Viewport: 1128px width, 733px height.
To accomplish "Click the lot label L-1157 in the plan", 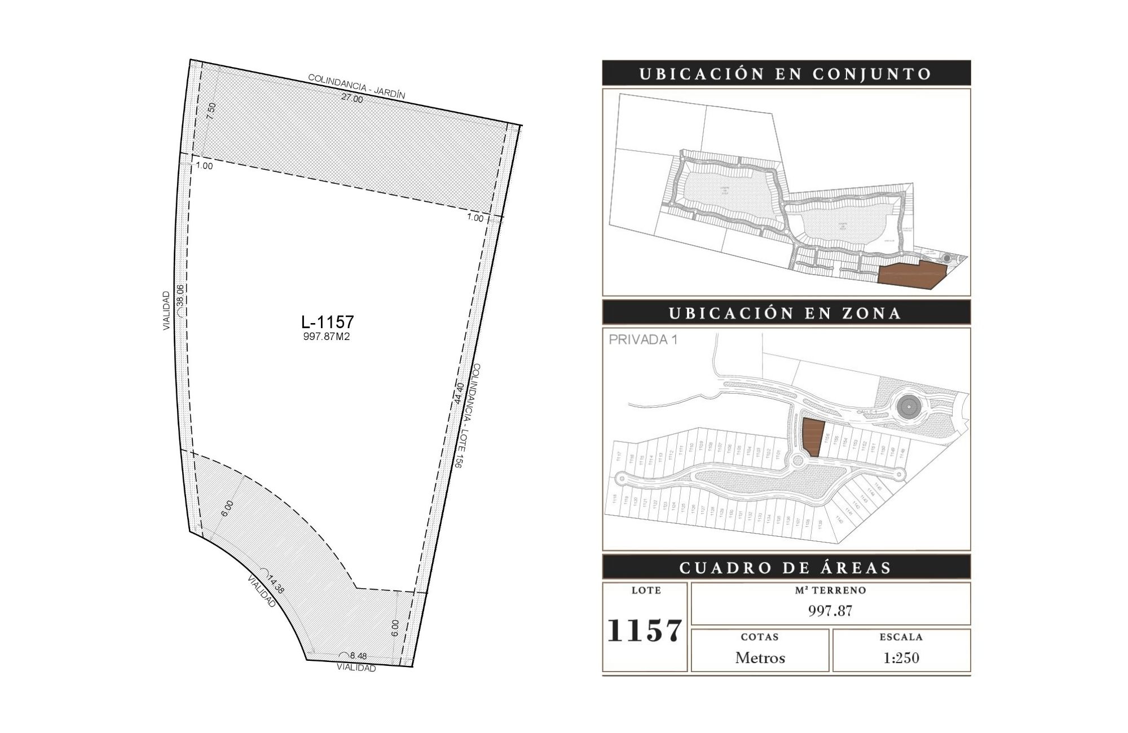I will pos(328,322).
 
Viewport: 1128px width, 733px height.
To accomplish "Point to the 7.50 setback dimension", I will pos(211,111).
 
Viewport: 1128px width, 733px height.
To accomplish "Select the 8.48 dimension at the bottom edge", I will pos(358,656).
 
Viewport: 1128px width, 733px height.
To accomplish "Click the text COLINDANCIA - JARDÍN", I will pos(356,86).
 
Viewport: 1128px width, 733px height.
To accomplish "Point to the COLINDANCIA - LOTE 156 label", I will pos(468,416).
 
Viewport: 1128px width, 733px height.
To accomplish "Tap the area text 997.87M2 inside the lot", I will pos(327,337).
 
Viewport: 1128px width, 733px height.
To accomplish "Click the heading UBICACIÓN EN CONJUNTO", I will pos(786,74).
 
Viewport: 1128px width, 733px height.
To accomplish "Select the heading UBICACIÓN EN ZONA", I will pos(786,313).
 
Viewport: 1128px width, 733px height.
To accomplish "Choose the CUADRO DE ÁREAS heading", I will pos(786,567).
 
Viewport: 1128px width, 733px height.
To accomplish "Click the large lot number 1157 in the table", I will pos(645,630).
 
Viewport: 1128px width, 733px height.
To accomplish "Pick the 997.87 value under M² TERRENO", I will pos(830,611).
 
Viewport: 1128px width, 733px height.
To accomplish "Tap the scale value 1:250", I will pos(901,658).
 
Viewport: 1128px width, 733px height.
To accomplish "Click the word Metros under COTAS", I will pos(760,658).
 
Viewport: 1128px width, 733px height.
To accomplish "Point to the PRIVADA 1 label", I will pos(643,340).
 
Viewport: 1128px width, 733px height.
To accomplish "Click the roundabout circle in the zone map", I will pos(908,405).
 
